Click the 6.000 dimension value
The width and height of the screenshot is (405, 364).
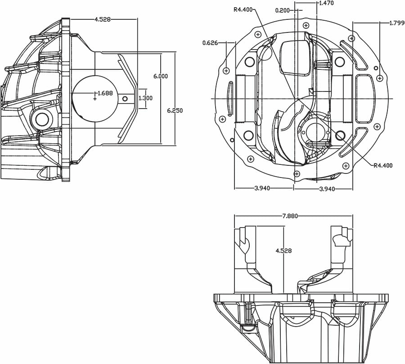(160, 76)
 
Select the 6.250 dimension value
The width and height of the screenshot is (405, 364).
(175, 110)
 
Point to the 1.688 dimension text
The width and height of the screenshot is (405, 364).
(105, 93)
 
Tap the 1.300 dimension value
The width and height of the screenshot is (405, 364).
(145, 98)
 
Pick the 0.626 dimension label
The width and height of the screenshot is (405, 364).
(210, 43)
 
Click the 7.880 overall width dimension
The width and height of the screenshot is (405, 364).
(290, 216)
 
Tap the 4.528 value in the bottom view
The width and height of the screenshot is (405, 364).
(283, 250)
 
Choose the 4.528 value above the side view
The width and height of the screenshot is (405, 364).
(102, 19)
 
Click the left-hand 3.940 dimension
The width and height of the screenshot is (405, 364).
(262, 188)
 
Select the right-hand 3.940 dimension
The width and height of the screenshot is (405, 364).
(327, 189)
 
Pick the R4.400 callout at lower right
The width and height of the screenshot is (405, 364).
(383, 165)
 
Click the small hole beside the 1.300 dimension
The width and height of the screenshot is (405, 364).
(125, 99)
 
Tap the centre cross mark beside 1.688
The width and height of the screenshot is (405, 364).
(94, 98)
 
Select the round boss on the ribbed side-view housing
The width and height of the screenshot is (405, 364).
(41, 119)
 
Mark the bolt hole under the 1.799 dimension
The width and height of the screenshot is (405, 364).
(379, 78)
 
